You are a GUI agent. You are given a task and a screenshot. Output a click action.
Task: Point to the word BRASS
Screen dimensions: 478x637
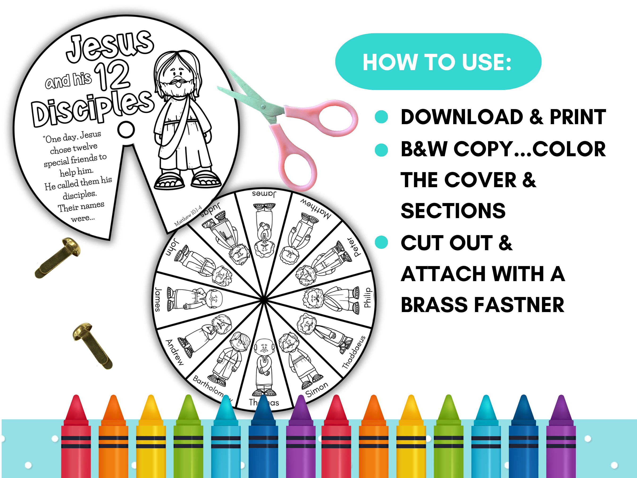pyautogui.click(x=434, y=305)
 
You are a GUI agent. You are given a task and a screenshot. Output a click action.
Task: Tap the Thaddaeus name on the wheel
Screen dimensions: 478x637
pyautogui.click(x=354, y=352)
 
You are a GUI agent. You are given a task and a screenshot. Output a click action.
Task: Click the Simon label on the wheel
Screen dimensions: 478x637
pyautogui.click(x=317, y=389)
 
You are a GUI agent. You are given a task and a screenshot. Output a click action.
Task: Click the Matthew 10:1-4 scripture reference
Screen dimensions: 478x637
pyautogui.click(x=188, y=216)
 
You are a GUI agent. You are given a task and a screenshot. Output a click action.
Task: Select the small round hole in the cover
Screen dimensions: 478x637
pyautogui.click(x=126, y=129)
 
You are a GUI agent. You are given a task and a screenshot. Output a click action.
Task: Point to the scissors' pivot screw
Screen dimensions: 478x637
pyautogui.click(x=263, y=107)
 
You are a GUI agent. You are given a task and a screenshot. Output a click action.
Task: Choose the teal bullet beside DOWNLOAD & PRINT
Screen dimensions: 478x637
pyautogui.click(x=381, y=117)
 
